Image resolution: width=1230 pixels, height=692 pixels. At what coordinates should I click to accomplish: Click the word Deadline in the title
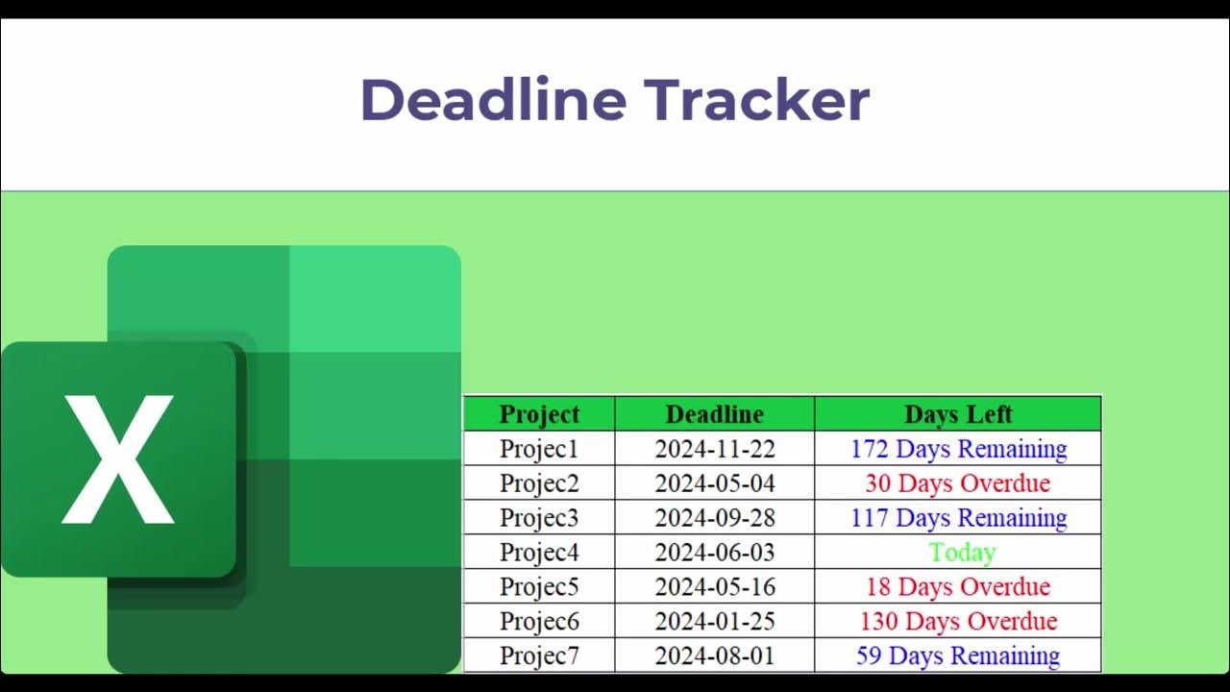(493, 99)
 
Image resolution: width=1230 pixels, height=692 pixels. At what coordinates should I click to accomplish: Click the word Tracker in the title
(756, 99)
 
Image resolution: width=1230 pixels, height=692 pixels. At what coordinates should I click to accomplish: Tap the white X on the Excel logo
(118, 459)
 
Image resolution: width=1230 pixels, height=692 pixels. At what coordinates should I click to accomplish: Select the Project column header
(539, 414)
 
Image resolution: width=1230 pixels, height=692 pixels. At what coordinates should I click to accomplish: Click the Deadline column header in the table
(714, 414)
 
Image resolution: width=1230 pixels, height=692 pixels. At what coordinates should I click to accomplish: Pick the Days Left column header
(958, 414)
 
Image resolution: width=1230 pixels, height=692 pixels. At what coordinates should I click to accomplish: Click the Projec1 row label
(539, 449)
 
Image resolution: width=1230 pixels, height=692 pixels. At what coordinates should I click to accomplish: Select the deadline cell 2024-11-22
(714, 449)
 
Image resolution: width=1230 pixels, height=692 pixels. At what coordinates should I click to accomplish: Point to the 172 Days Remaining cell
(958, 449)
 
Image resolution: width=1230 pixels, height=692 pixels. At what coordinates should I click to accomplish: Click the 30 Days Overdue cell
(958, 483)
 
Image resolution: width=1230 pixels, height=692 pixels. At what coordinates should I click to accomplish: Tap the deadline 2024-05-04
(714, 483)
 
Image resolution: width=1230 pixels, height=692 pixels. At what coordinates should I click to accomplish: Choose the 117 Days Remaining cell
(958, 518)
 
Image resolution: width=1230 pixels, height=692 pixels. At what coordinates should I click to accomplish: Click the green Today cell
(962, 553)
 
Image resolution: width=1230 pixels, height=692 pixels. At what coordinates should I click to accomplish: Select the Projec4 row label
(539, 553)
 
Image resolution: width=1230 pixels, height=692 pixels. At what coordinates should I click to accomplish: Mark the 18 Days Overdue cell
(958, 587)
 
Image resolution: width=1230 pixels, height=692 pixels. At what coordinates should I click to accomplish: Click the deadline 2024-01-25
(714, 622)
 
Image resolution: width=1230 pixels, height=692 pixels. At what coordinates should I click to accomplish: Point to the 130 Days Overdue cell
(958, 622)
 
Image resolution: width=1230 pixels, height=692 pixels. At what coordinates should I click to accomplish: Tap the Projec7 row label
(539, 656)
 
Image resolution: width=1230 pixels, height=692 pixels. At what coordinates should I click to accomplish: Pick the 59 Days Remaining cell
(958, 656)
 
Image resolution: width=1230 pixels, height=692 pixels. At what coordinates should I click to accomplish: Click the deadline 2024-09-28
(714, 518)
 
